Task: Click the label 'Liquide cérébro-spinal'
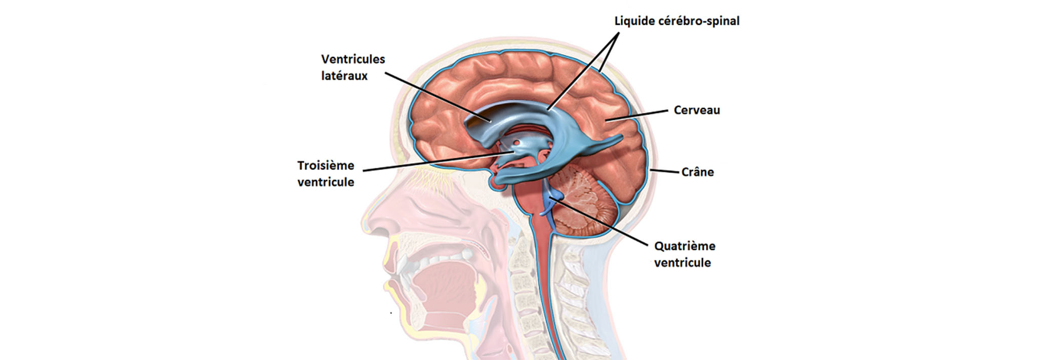(x=676, y=21)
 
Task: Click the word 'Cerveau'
(x=696, y=110)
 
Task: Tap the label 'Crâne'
(x=697, y=172)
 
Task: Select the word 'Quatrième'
(x=685, y=246)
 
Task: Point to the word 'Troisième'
(x=326, y=166)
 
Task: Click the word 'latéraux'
(x=344, y=76)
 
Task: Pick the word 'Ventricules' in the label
(x=353, y=59)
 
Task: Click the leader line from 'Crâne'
(x=665, y=171)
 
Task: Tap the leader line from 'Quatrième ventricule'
(x=603, y=223)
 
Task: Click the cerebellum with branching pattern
(x=587, y=203)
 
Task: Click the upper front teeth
(x=405, y=263)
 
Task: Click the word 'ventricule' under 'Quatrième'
(x=682, y=263)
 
